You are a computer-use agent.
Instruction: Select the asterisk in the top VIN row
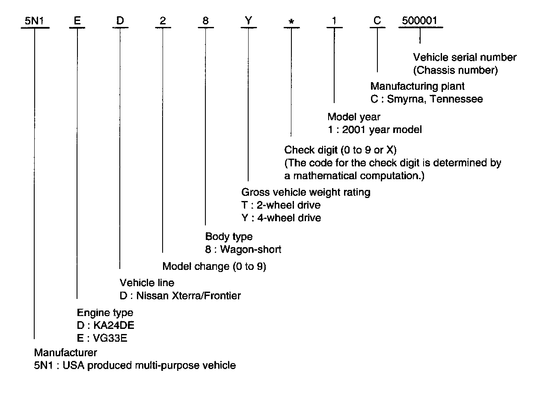click(x=291, y=21)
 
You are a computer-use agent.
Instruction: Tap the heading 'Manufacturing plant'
click(x=417, y=86)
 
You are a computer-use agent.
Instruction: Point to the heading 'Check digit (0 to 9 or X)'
click(x=341, y=150)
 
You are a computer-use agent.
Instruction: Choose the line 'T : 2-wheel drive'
click(x=281, y=205)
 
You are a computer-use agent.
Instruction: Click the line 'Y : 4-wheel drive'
click(x=281, y=218)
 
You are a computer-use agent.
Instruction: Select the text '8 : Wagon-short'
click(x=243, y=249)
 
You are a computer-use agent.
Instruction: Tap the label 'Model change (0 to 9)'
click(x=214, y=267)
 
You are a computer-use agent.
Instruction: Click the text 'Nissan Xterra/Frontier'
click(x=188, y=296)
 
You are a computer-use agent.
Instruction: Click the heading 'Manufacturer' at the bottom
click(x=65, y=353)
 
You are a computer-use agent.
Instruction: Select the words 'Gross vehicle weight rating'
click(x=306, y=192)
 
